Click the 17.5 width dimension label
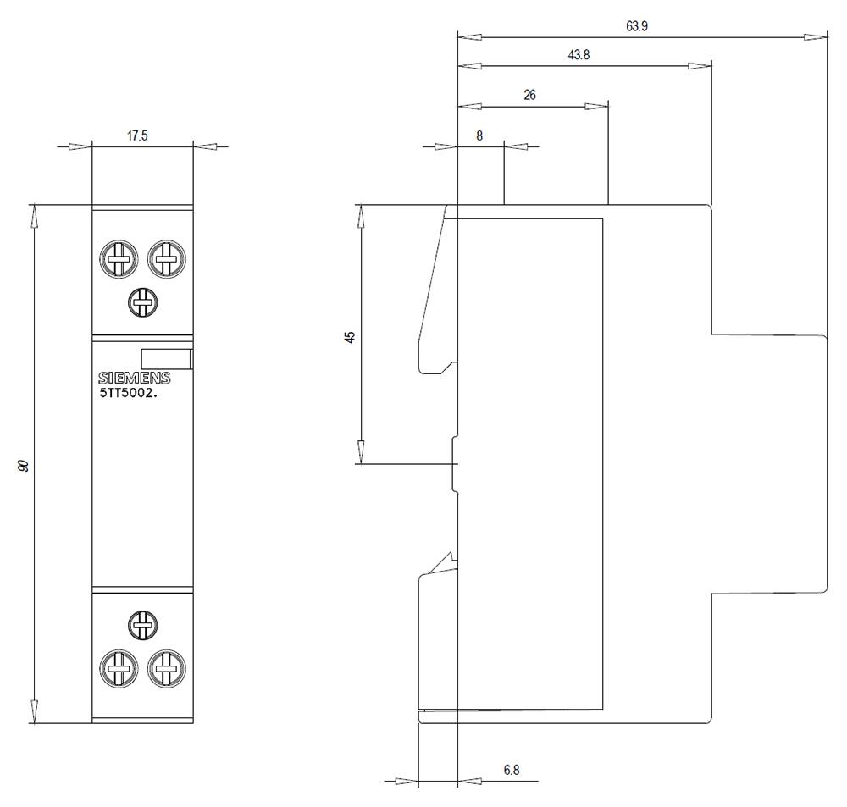[x=137, y=135]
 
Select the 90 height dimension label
[x=25, y=465]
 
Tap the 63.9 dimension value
[x=637, y=26]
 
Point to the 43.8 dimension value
[x=579, y=55]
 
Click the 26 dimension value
[x=529, y=95]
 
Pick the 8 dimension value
[x=479, y=135]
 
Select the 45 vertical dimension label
[x=350, y=336]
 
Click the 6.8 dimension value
[x=511, y=770]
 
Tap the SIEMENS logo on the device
[x=134, y=379]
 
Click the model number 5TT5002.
[x=128, y=393]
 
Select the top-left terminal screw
[x=118, y=258]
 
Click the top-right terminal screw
[x=166, y=258]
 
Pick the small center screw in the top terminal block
[x=141, y=301]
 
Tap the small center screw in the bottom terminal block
[x=141, y=626]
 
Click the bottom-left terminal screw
[x=118, y=669]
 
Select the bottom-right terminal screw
[x=166, y=669]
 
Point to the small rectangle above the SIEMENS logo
[x=165, y=359]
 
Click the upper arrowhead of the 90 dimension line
[x=35, y=216]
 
